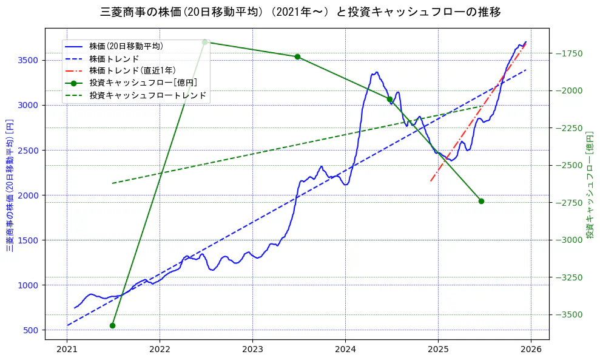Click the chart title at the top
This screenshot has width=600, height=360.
pos(300,12)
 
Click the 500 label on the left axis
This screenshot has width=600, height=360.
pos(31,330)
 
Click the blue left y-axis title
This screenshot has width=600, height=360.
pos(10,186)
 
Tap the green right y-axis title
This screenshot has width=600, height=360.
pos(590,185)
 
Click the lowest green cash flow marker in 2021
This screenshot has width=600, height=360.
pos(112,325)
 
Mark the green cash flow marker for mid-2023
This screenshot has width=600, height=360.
pos(297,56)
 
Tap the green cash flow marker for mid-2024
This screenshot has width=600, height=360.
pos(389,99)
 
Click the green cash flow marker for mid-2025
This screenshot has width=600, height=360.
pos(481,201)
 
